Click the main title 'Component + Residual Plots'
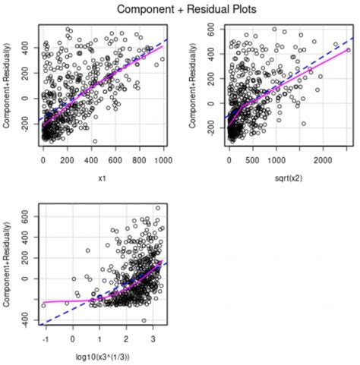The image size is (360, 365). point(180,10)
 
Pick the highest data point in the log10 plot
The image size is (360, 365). point(158,207)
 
